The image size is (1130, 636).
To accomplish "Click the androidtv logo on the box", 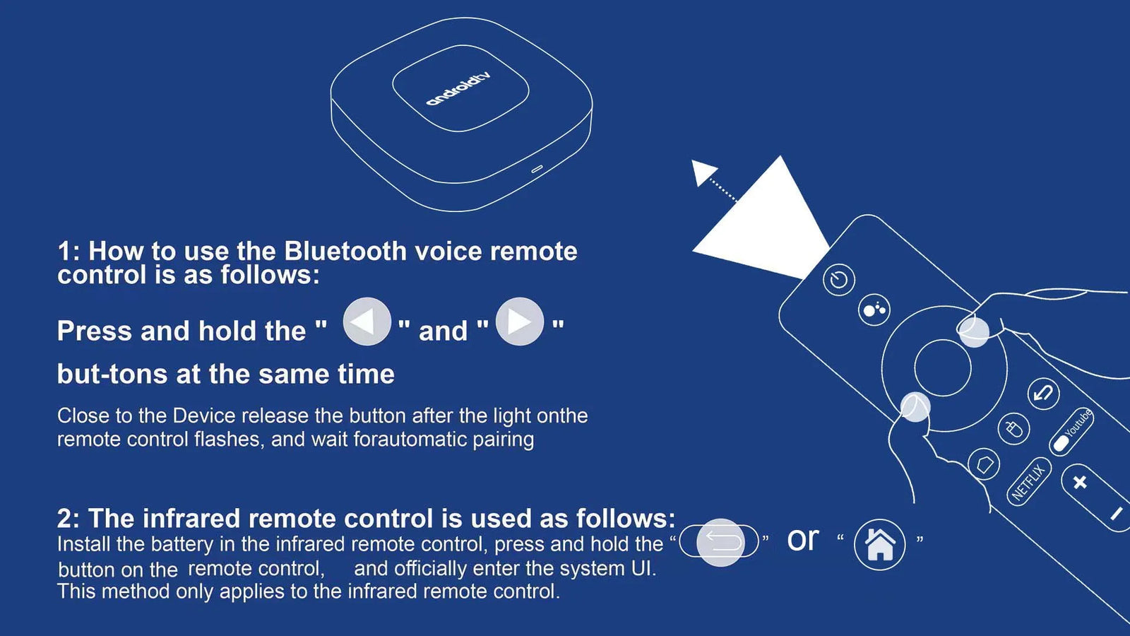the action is [458, 89].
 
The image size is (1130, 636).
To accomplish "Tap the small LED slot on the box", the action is [537, 169].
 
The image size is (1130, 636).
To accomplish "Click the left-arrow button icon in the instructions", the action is [367, 322].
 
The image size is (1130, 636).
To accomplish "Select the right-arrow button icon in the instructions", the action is [520, 322].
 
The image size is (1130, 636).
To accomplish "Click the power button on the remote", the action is [839, 279].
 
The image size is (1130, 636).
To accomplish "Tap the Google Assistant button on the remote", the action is [874, 310].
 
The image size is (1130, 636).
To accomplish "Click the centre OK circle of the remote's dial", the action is [942, 368].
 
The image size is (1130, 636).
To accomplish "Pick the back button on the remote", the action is [1043, 394].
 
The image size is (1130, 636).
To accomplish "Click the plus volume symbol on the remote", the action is [1080, 483].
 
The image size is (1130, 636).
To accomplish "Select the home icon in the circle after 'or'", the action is [880, 545].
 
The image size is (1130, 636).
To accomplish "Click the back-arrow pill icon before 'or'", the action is [720, 541].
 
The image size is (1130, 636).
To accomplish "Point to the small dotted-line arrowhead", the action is [703, 172].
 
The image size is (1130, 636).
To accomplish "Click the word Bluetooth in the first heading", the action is [345, 251].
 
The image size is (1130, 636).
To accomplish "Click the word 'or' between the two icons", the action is [802, 540].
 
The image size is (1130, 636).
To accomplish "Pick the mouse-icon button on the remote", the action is [1013, 429].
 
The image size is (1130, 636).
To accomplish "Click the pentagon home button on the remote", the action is [985, 464].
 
